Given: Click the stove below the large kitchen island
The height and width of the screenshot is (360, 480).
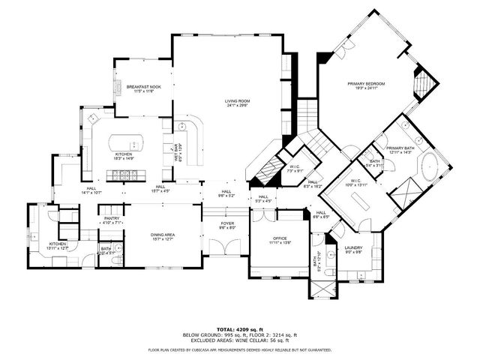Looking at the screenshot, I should point(124,176).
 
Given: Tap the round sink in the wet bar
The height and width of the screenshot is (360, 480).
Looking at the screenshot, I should point(181,126).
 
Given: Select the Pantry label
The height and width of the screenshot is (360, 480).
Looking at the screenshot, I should point(112,220).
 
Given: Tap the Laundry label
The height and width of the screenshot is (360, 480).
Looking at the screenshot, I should point(353,249).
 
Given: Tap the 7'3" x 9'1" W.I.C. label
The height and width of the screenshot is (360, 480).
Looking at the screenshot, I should point(294,166).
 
